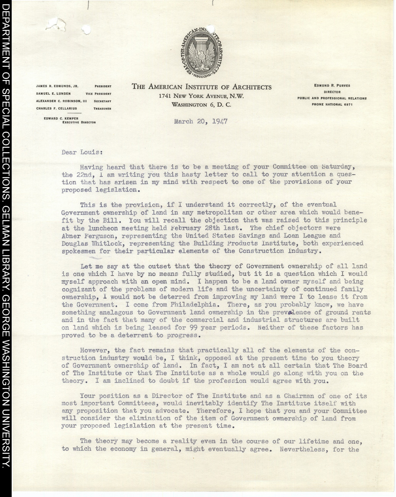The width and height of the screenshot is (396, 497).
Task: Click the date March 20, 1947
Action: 201,122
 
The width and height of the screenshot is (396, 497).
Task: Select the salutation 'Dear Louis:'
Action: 82,153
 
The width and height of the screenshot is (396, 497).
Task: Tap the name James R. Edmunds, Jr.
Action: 57,86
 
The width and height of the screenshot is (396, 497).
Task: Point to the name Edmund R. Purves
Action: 332,85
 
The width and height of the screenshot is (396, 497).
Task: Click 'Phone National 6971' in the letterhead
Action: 332,105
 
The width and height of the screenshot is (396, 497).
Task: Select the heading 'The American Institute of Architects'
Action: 201,87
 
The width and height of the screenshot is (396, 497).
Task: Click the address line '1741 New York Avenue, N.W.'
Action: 201,96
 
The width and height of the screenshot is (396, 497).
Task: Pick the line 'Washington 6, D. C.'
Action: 201,105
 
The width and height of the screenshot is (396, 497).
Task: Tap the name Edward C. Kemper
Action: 61,118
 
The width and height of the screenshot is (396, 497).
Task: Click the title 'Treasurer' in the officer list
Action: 102,109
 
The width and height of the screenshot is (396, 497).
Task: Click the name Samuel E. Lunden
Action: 54,94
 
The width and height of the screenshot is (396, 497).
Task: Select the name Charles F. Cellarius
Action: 56,109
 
